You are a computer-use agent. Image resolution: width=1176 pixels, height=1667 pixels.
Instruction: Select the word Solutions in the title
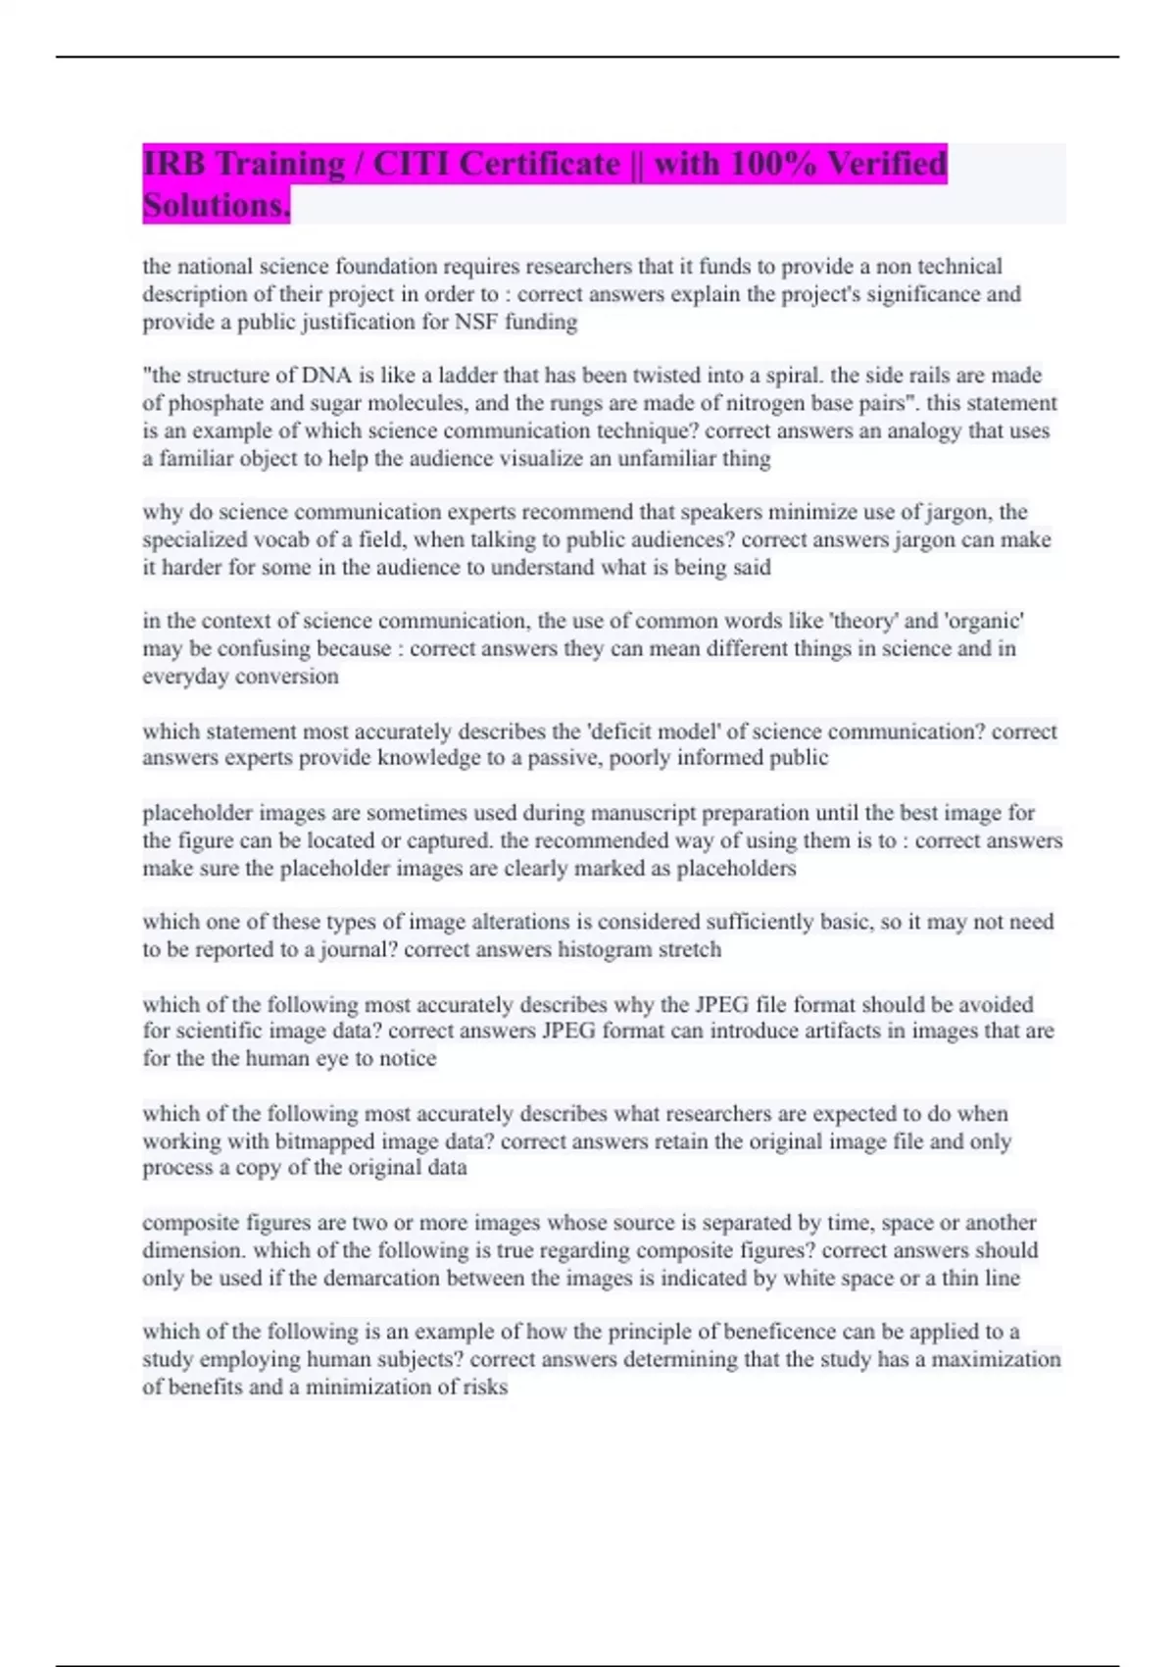pyautogui.click(x=216, y=205)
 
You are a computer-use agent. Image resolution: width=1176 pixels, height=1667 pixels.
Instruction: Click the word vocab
pyautogui.click(x=281, y=539)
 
